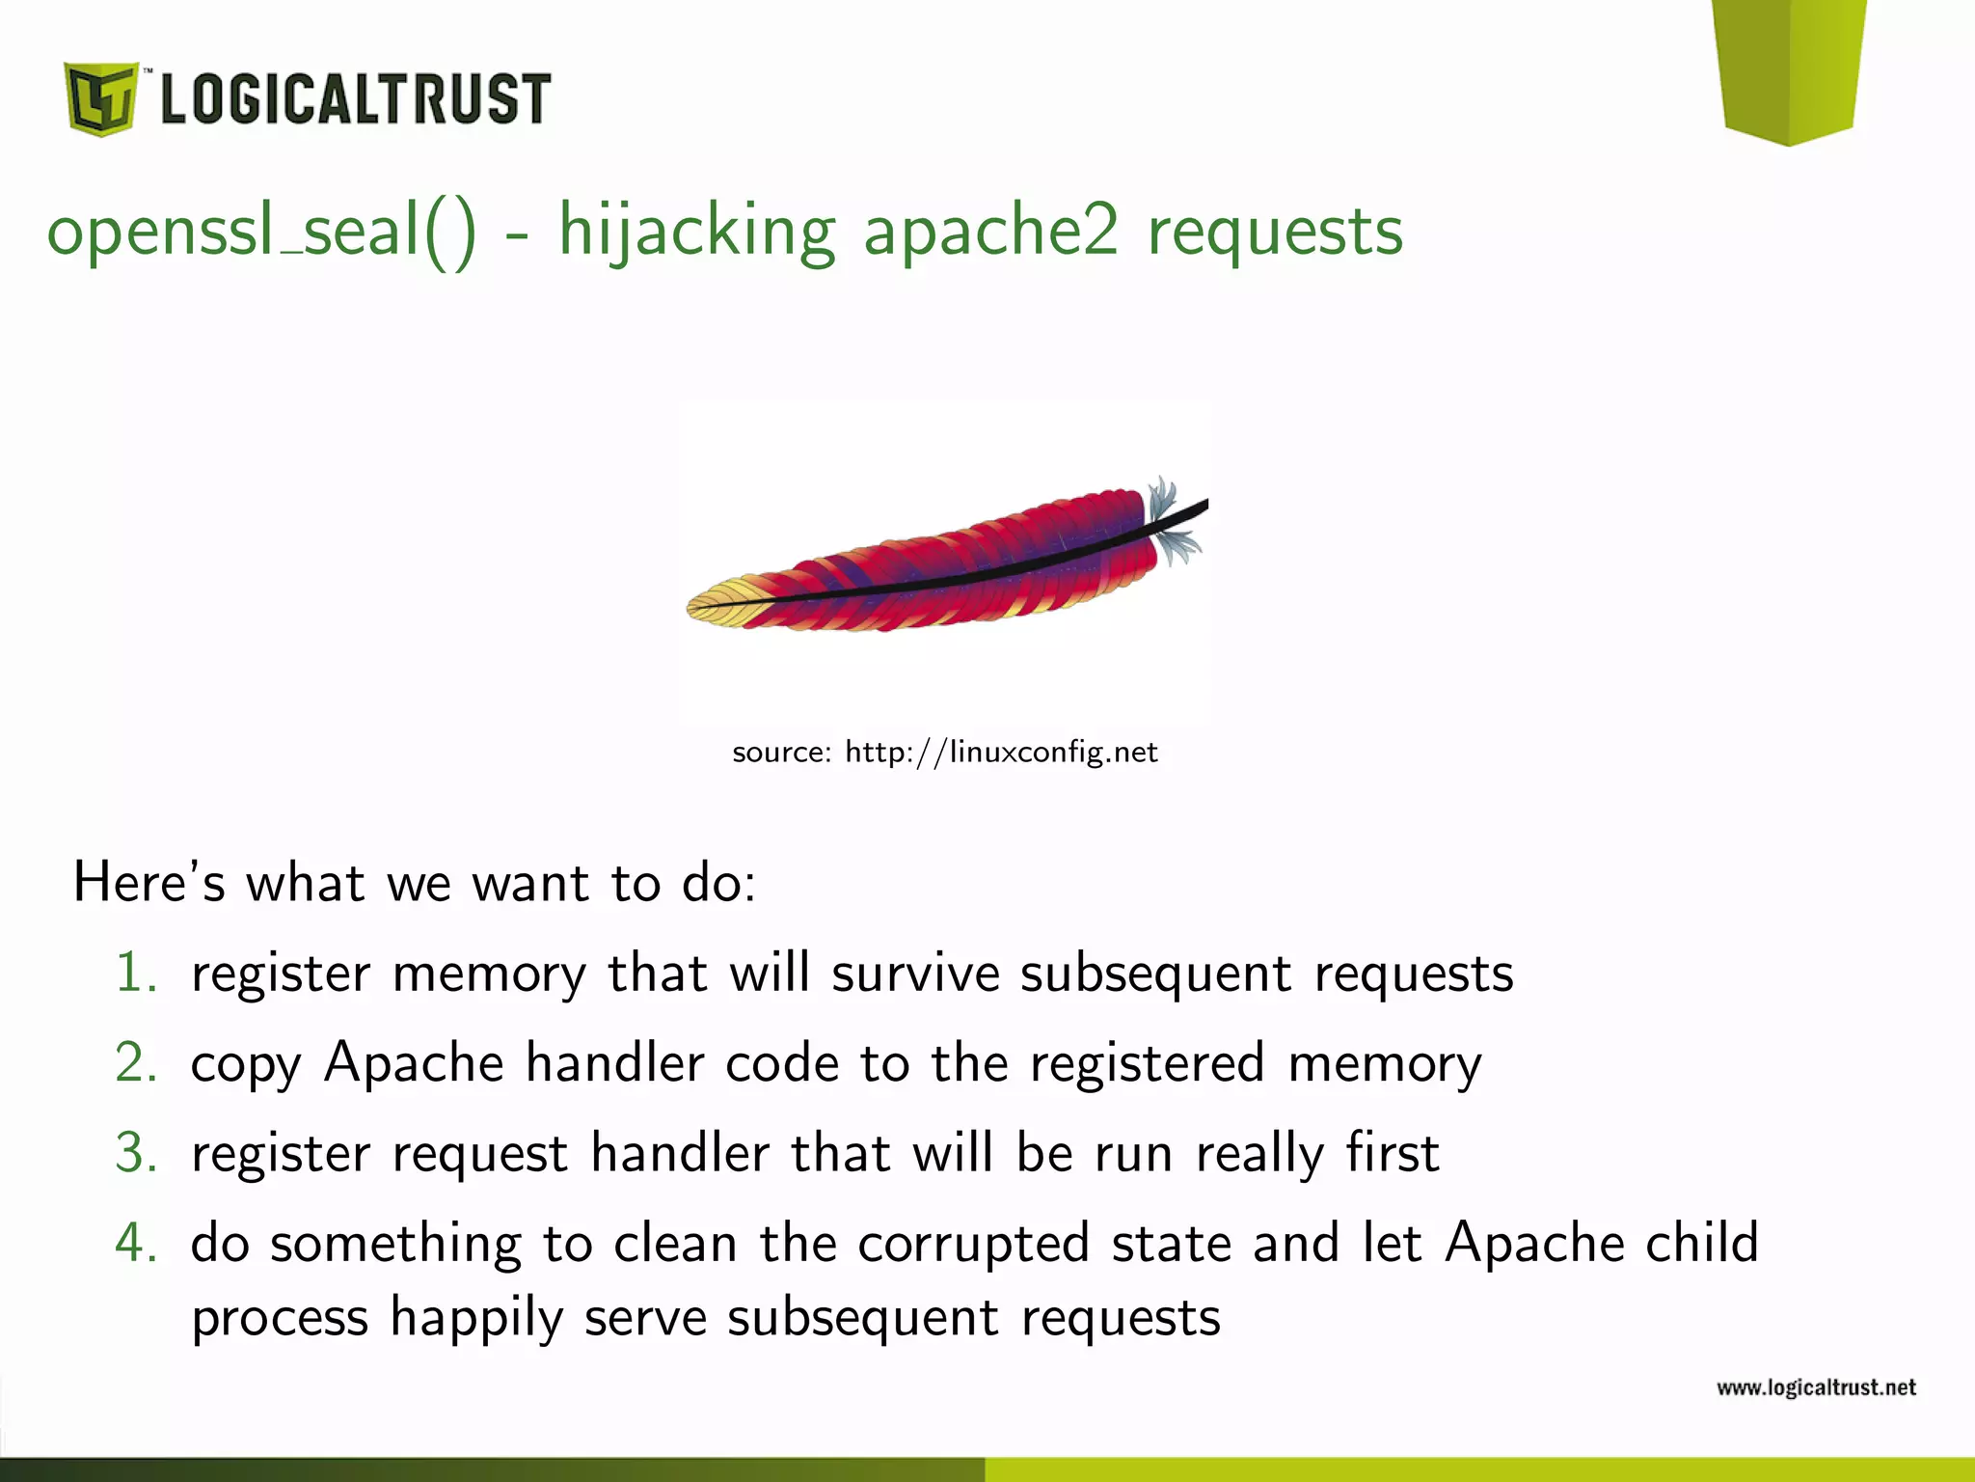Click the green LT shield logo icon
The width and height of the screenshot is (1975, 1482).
pos(100,98)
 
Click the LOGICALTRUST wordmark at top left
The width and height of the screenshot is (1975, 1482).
pos(355,98)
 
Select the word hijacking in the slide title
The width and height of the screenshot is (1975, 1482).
pos(696,232)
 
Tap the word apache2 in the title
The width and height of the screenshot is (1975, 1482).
pos(990,232)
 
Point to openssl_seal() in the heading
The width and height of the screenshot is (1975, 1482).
pos(261,232)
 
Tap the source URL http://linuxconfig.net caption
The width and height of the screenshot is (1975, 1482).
pos(1001,752)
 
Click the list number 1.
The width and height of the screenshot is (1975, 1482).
pos(135,973)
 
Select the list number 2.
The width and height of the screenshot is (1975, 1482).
pos(135,1062)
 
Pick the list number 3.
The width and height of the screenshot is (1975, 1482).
pos(135,1152)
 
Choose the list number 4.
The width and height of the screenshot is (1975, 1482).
pos(135,1242)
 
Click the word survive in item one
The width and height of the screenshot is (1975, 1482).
pos(915,973)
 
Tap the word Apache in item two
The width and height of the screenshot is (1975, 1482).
pos(414,1062)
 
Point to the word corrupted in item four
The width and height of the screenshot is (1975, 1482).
pos(973,1244)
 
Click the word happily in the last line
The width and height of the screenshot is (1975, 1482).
pos(476,1318)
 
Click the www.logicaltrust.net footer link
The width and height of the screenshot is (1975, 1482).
pos(1816,1387)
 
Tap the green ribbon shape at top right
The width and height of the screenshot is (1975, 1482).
pos(1790,68)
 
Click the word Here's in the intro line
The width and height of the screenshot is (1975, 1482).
pos(149,882)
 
